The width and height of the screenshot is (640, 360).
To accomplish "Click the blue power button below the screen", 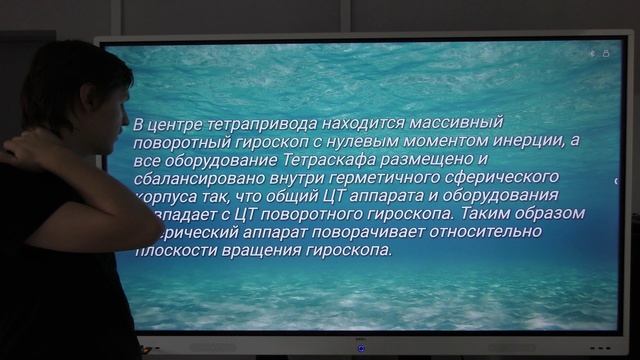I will [361, 348].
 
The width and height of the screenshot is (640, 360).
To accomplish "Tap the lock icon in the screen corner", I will [606, 52].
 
